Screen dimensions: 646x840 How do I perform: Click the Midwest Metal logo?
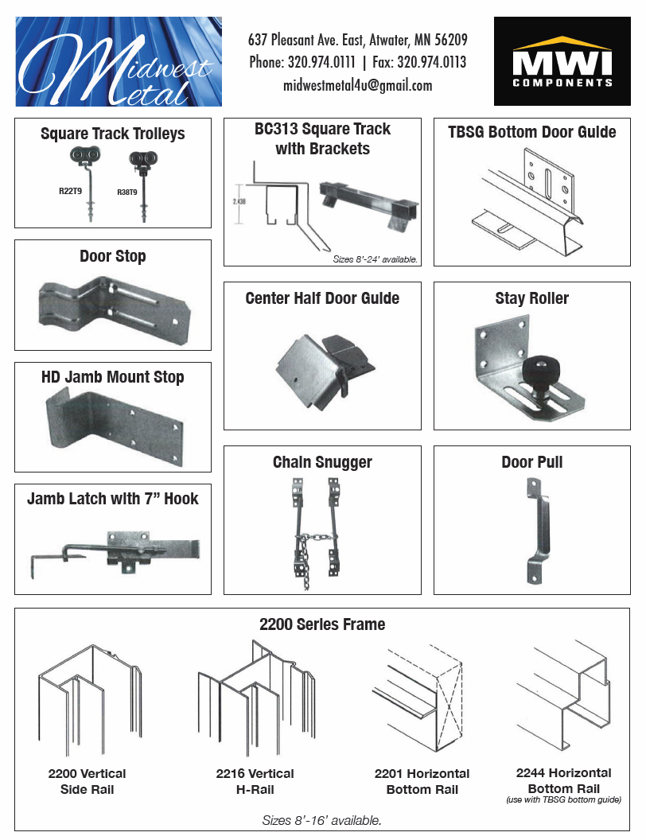119,61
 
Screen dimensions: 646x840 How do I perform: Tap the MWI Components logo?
562,61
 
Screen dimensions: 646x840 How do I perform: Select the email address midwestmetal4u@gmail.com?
357,85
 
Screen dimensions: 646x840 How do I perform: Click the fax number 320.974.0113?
431,62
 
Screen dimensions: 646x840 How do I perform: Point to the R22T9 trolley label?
70,191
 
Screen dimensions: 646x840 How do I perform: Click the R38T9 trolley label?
127,192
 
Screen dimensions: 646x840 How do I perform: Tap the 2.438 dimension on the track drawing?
239,201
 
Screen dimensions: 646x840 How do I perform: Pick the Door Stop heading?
112,256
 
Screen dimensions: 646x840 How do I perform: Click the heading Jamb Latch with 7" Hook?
112,499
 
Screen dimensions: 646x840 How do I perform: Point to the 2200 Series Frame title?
322,624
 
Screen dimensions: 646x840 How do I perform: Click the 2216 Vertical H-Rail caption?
255,781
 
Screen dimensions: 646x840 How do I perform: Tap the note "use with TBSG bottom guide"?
563,799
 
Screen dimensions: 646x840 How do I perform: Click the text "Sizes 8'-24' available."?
375,259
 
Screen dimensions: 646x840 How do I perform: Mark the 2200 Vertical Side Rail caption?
87,781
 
